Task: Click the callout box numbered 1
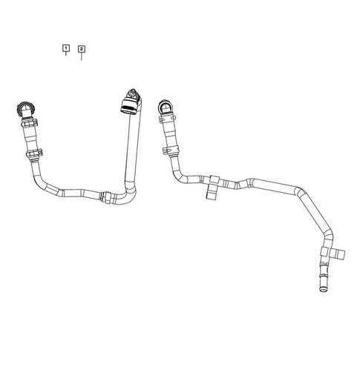click(66, 48)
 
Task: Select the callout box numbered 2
click(81, 49)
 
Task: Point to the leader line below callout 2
click(81, 56)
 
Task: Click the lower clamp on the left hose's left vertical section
click(32, 156)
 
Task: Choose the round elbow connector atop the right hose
click(166, 109)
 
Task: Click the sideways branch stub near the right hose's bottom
click(340, 254)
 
